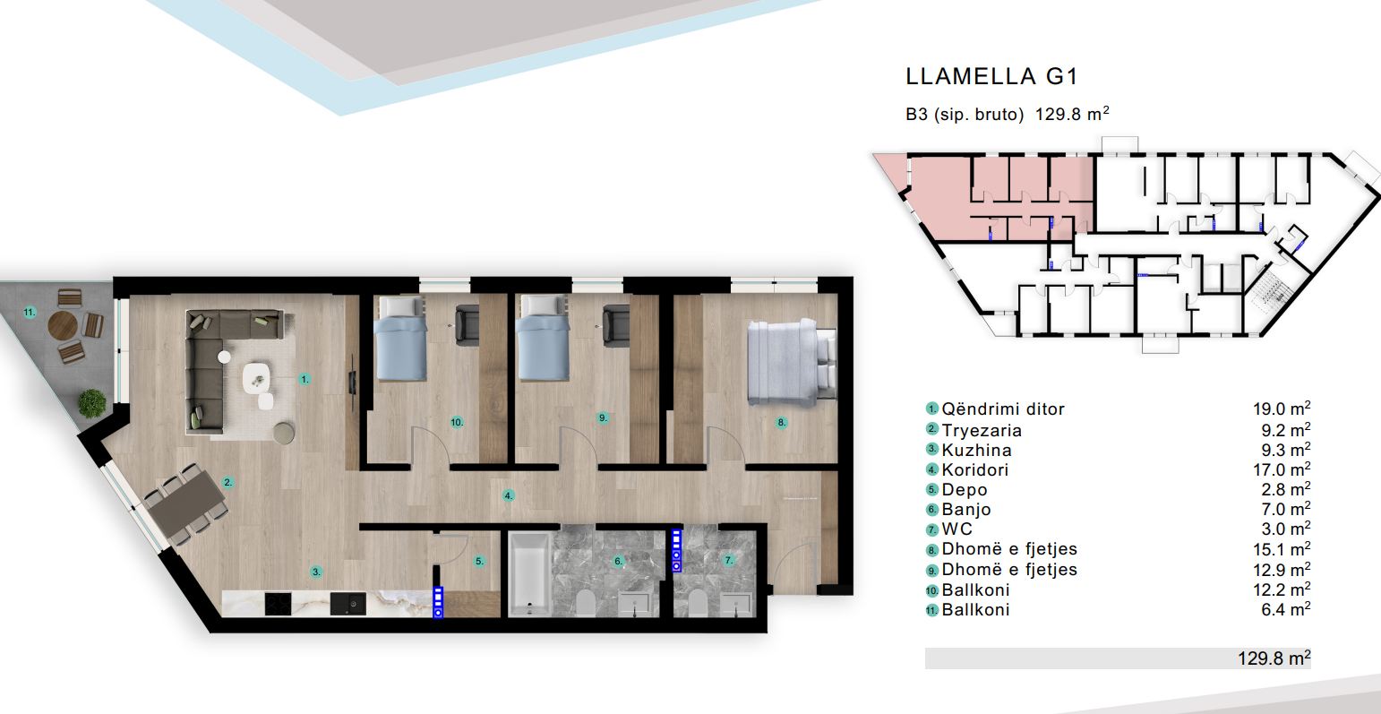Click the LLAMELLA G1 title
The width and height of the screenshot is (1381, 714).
991,76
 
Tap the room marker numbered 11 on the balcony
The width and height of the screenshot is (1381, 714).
30,313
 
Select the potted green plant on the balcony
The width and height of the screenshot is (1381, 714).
92,403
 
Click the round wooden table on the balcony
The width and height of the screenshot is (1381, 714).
63,325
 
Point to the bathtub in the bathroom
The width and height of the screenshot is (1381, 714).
529,574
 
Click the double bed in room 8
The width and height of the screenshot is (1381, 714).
792,363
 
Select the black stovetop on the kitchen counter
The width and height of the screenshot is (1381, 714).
278,604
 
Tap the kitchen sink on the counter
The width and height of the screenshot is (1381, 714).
347,604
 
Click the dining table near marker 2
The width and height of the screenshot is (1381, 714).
186,504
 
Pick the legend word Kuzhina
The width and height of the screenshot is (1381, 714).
976,450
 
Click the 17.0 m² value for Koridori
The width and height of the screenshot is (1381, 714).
1282,469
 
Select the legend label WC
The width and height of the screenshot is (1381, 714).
956,529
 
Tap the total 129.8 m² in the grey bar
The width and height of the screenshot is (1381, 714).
1274,658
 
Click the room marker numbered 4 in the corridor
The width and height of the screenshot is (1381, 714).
508,495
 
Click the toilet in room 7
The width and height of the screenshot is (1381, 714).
698,602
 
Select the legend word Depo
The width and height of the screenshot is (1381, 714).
965,490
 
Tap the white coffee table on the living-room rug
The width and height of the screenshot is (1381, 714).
256,377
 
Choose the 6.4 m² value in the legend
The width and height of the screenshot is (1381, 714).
1286,610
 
